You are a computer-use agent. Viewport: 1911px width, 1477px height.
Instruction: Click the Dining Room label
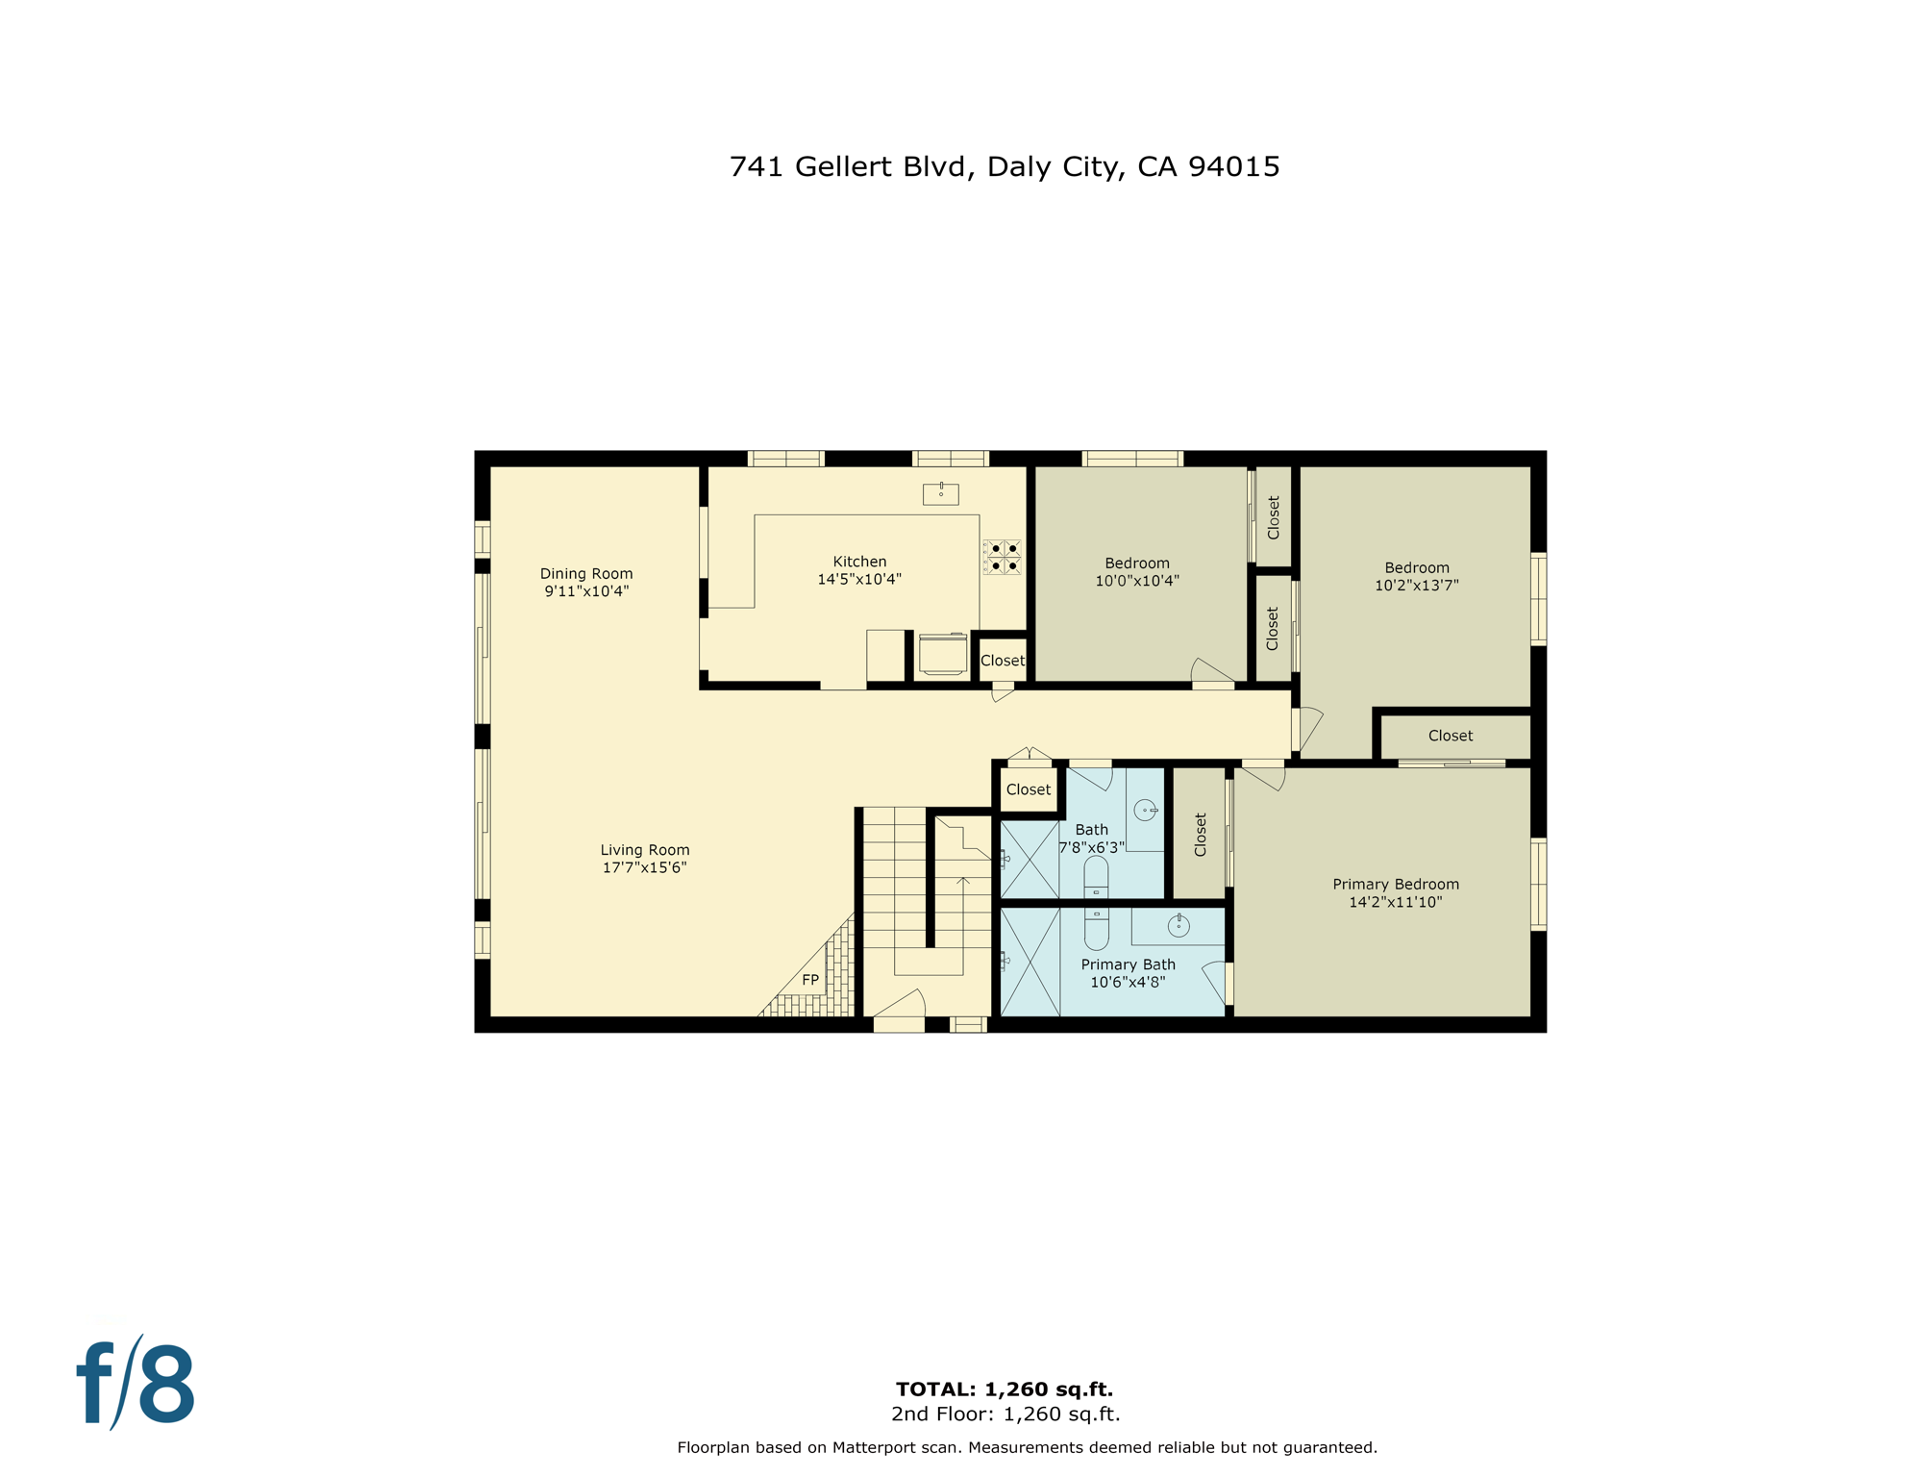click(586, 574)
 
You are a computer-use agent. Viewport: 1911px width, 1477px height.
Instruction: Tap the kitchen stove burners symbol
click(1003, 557)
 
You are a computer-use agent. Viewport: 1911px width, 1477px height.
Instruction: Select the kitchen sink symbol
click(940, 494)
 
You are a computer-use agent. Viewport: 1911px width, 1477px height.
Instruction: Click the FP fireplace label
click(810, 980)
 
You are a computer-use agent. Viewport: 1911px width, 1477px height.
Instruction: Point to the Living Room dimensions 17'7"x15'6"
click(644, 867)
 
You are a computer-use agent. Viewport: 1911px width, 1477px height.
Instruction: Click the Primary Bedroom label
click(1395, 885)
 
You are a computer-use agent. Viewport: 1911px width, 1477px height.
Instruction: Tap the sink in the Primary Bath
click(1179, 926)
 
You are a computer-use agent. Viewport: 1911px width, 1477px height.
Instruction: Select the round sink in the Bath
click(1145, 811)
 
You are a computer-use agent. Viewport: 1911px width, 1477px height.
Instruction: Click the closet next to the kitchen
click(1002, 661)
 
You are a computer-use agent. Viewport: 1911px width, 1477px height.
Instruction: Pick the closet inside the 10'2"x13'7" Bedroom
click(1450, 736)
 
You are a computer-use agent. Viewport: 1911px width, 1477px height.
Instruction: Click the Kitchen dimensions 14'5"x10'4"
click(859, 579)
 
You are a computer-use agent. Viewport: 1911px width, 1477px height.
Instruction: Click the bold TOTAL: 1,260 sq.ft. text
click(1004, 1389)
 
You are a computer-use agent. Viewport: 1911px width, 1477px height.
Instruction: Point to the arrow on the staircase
click(963, 881)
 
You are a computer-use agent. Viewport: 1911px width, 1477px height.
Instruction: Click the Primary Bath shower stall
click(1030, 962)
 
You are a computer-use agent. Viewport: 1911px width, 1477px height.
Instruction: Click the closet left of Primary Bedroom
click(1200, 834)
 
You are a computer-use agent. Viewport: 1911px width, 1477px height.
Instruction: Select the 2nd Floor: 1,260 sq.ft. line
click(1005, 1414)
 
